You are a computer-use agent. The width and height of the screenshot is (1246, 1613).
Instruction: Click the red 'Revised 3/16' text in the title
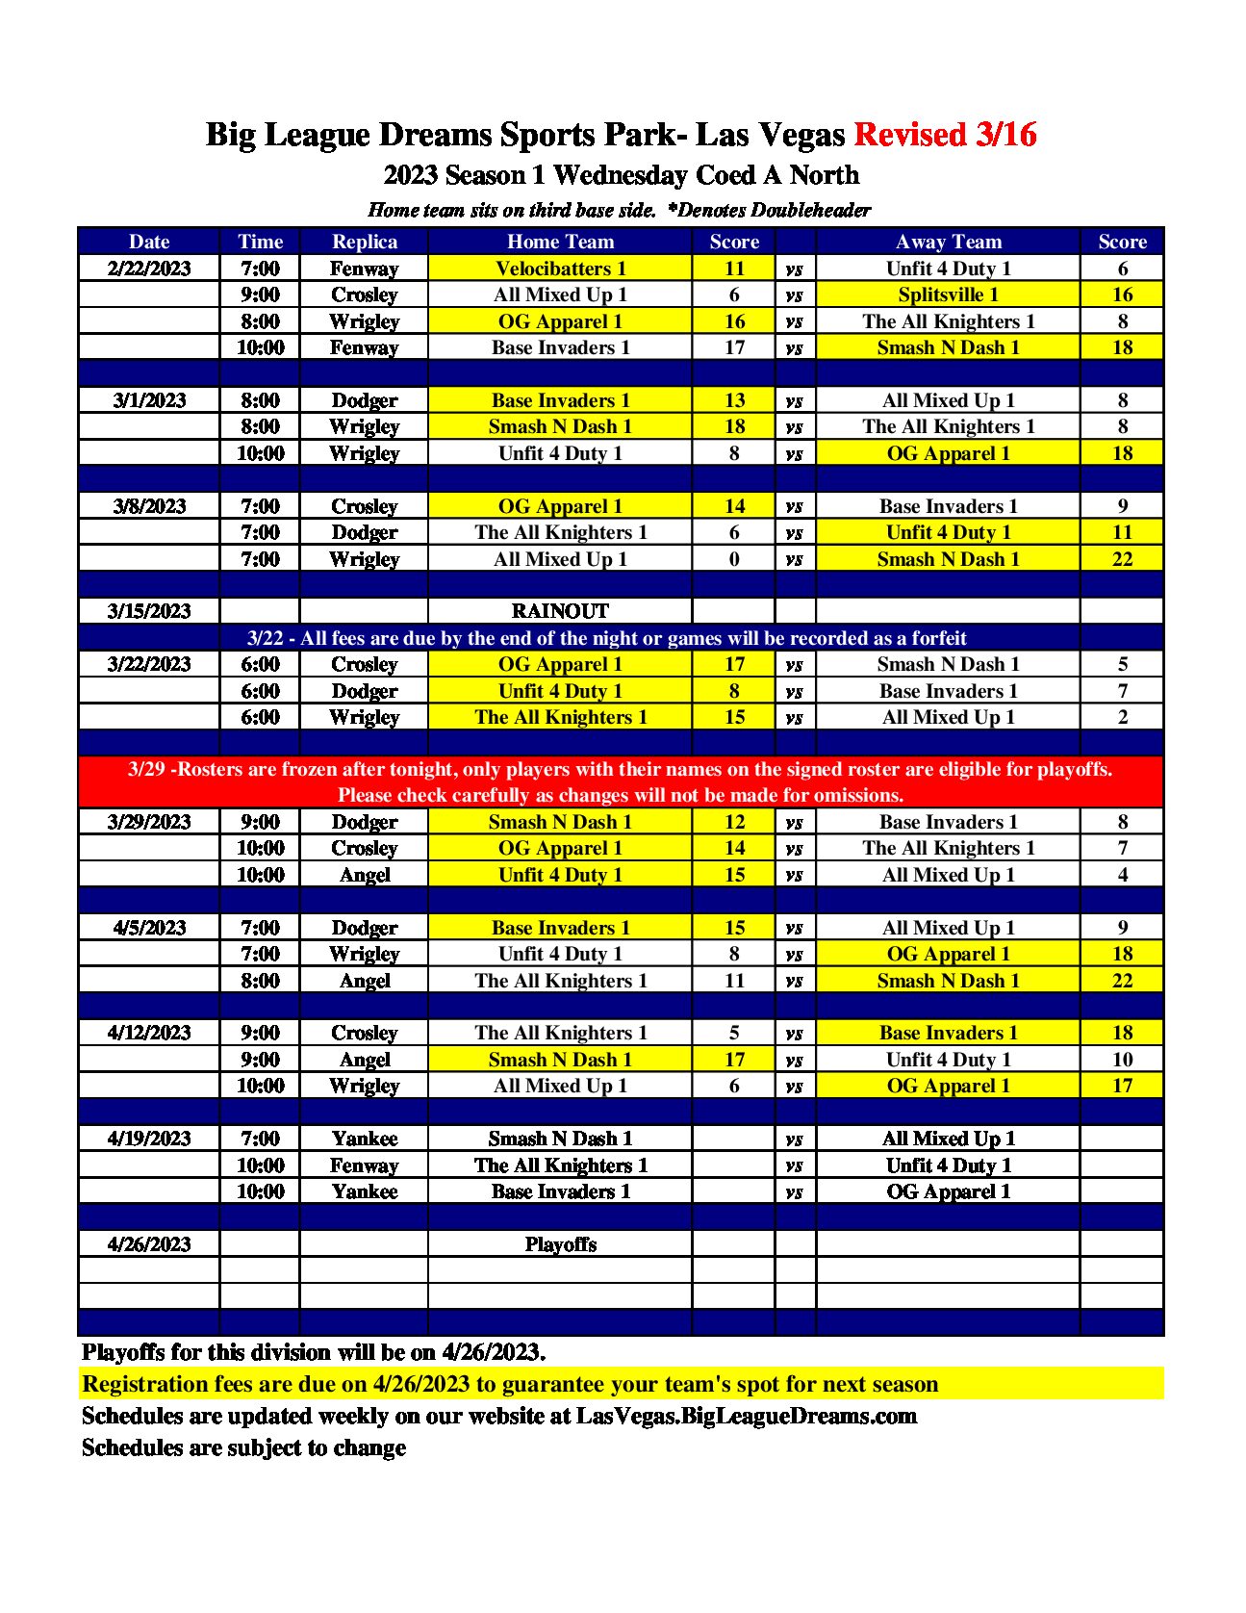pyautogui.click(x=945, y=135)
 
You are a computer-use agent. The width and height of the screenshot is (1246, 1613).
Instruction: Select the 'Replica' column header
pyautogui.click(x=364, y=242)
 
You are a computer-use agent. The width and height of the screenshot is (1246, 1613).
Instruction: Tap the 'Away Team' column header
pyautogui.click(x=948, y=242)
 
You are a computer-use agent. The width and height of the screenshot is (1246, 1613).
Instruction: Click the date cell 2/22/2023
pyautogui.click(x=149, y=269)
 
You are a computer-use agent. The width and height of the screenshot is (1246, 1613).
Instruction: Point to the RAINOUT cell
pyautogui.click(x=560, y=611)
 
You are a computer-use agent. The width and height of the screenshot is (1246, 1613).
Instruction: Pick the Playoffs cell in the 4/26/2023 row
pyautogui.click(x=560, y=1244)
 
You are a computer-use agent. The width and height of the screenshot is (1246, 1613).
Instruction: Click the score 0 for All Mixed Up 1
pyautogui.click(x=734, y=559)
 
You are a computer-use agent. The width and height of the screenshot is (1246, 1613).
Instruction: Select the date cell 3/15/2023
pyautogui.click(x=149, y=611)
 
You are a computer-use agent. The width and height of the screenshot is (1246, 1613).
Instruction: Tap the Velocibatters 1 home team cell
pyautogui.click(x=560, y=269)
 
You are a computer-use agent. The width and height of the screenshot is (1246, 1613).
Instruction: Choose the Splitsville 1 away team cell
pyautogui.click(x=948, y=294)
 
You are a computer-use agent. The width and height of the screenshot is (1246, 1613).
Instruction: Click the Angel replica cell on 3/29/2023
pyautogui.click(x=364, y=875)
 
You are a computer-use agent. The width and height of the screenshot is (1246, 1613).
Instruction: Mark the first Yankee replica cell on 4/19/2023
pyautogui.click(x=364, y=1139)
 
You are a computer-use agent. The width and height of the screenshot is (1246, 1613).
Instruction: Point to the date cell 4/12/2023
pyautogui.click(x=149, y=1033)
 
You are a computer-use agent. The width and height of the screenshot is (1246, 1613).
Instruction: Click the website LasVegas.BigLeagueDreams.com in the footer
pyautogui.click(x=746, y=1416)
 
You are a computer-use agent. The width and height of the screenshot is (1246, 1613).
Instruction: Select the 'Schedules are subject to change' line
pyautogui.click(x=243, y=1447)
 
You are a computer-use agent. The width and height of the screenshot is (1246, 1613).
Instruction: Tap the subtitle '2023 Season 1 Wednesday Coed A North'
pyautogui.click(x=621, y=175)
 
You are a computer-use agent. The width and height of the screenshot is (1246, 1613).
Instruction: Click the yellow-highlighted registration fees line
pyautogui.click(x=510, y=1384)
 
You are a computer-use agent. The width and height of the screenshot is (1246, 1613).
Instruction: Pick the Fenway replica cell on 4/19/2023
pyautogui.click(x=364, y=1165)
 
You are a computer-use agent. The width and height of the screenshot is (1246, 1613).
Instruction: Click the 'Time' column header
pyautogui.click(x=260, y=242)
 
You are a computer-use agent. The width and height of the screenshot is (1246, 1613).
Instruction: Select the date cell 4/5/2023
pyautogui.click(x=149, y=928)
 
